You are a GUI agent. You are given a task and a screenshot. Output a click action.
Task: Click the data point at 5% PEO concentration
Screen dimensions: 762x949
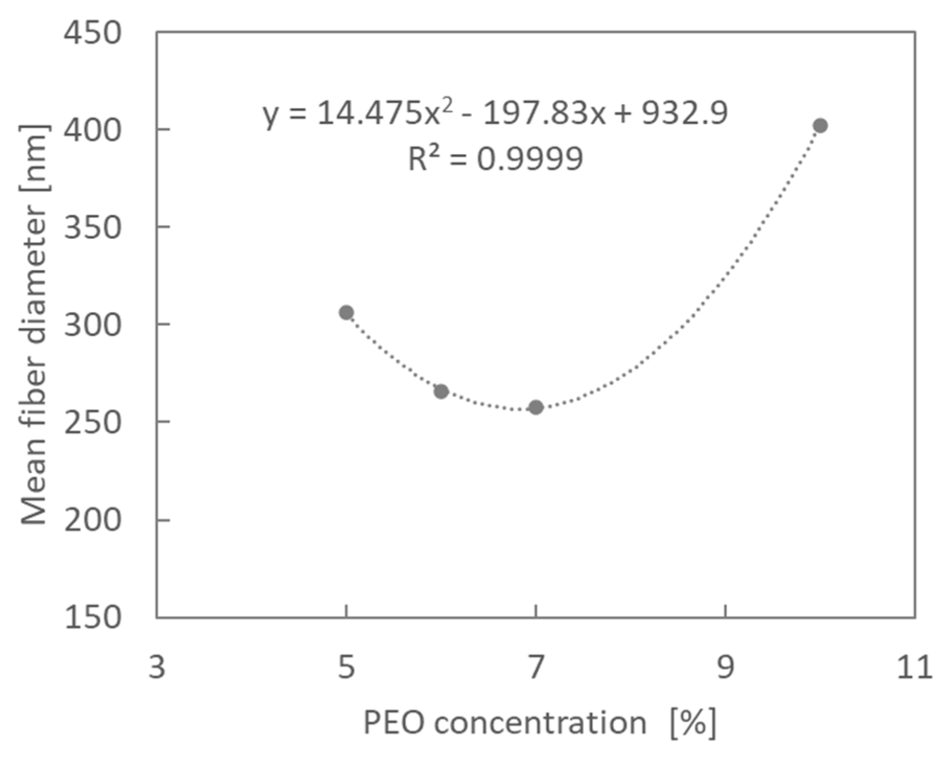[346, 313]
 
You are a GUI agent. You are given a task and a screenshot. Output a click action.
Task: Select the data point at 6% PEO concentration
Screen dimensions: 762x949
[441, 391]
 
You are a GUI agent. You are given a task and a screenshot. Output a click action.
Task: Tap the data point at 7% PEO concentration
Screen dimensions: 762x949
[536, 407]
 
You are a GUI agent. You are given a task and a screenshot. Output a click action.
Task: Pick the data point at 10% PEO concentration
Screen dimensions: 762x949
[820, 125]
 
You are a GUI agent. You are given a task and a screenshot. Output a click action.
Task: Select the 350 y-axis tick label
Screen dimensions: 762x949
[92, 227]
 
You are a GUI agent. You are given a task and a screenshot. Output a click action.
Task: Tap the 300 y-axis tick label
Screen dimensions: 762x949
[92, 325]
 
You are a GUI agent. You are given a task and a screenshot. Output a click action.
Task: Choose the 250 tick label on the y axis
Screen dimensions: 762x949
[92, 422]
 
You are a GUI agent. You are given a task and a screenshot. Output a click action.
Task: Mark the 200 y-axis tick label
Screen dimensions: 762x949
[92, 520]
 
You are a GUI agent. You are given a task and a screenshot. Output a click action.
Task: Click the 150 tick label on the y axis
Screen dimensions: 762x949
[92, 617]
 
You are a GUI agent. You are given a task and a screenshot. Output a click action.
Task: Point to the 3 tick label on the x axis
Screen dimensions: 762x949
[157, 667]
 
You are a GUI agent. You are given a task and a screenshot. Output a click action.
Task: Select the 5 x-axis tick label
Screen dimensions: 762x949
[346, 667]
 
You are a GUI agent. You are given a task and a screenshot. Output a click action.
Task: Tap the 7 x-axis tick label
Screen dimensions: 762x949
[536, 667]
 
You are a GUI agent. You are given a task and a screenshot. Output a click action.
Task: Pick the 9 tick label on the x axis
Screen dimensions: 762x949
[725, 667]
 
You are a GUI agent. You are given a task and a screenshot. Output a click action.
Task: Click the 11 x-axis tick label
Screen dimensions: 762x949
[915, 667]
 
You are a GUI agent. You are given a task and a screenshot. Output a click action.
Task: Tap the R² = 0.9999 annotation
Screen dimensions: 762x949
[495, 158]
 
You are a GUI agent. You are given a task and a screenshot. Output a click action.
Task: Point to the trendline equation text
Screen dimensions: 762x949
[495, 113]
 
